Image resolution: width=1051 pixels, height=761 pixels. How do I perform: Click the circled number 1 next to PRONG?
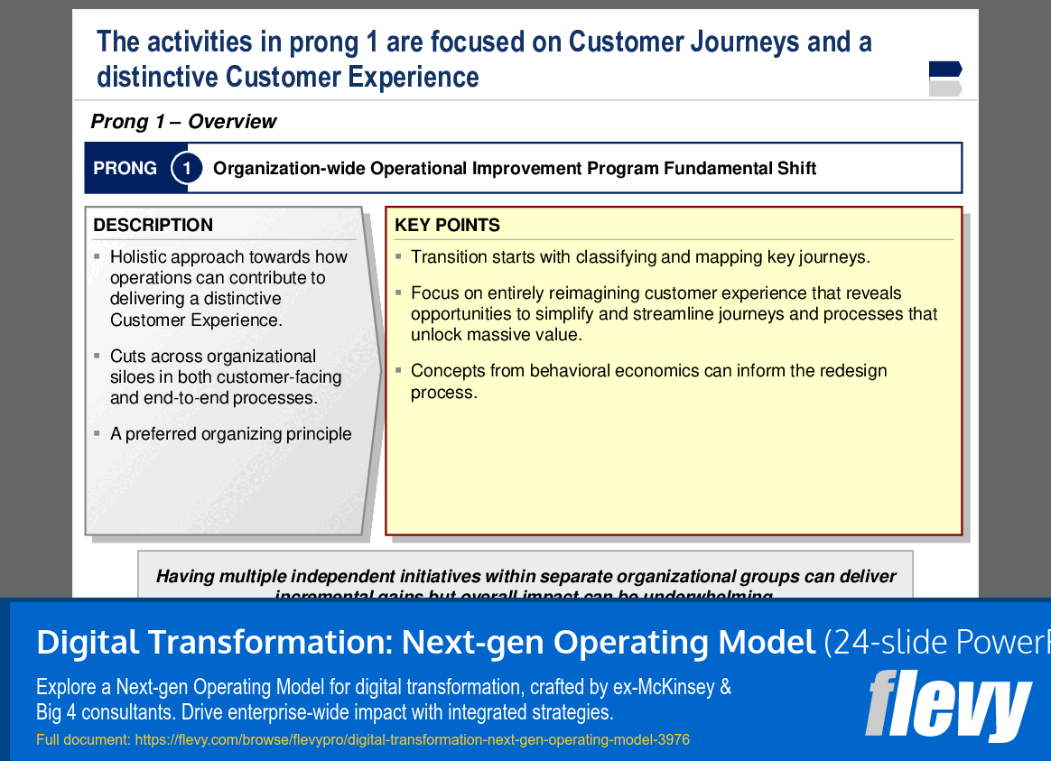(187, 168)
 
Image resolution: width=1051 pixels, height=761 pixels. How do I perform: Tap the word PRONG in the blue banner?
(126, 169)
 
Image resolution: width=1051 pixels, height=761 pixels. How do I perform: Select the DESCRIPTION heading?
(153, 225)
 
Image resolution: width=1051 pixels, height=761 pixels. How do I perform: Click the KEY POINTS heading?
(447, 225)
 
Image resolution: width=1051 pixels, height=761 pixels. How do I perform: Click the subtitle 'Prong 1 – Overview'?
(183, 122)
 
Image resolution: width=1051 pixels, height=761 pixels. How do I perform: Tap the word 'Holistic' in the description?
(138, 257)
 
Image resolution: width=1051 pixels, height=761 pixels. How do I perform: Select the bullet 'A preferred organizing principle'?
(230, 434)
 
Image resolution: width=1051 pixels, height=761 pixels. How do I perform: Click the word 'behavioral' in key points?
(572, 371)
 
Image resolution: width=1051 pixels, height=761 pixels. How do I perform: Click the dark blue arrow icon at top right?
(944, 69)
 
